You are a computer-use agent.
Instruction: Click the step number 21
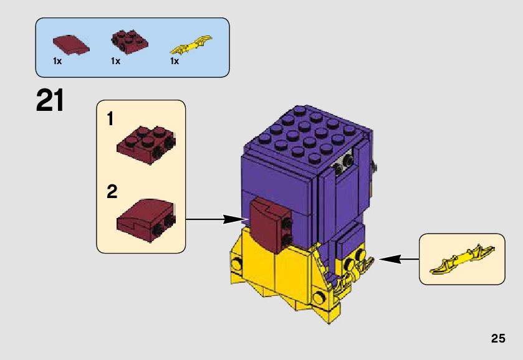tap(50, 100)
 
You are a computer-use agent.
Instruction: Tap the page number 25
tap(498, 338)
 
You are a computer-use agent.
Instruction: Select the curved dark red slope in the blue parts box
tap(71, 45)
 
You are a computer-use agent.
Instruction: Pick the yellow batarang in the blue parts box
tap(191, 45)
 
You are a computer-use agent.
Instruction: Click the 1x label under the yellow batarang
tap(175, 61)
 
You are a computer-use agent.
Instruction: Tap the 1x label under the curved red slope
tap(57, 61)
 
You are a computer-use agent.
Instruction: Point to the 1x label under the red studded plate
tap(115, 61)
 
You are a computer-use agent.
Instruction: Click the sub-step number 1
tap(110, 119)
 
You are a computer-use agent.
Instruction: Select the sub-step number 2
tap(112, 192)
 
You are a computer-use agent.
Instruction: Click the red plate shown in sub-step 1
tap(146, 145)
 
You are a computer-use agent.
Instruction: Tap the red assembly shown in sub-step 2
tap(146, 220)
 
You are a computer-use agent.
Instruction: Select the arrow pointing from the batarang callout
tap(399, 259)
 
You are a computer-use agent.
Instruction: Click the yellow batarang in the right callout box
tap(463, 260)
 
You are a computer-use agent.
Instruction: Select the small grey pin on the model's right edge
tap(374, 166)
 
